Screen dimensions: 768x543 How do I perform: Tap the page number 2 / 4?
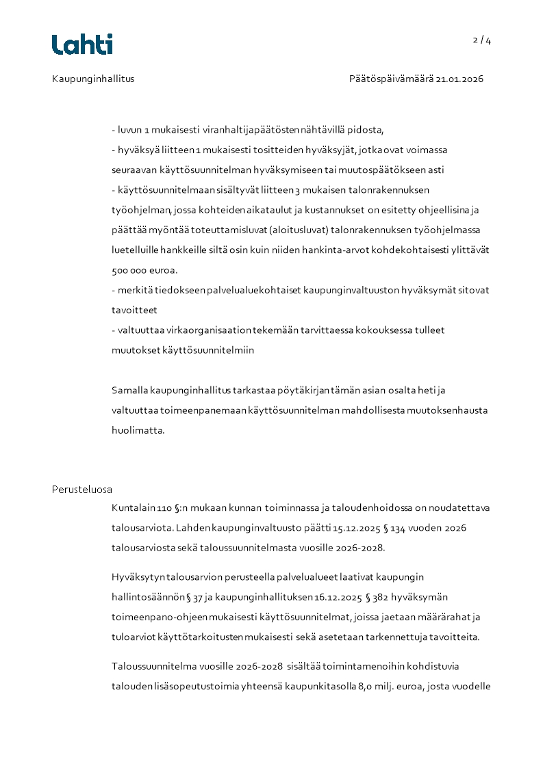click(482, 40)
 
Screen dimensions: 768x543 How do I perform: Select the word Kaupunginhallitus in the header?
click(93, 79)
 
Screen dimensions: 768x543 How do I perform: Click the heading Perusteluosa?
click(82, 489)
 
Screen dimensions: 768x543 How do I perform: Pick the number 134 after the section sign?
click(407, 528)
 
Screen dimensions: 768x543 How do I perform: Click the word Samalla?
click(129, 390)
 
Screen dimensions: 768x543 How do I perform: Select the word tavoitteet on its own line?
click(134, 310)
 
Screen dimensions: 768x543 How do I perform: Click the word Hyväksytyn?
click(137, 577)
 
